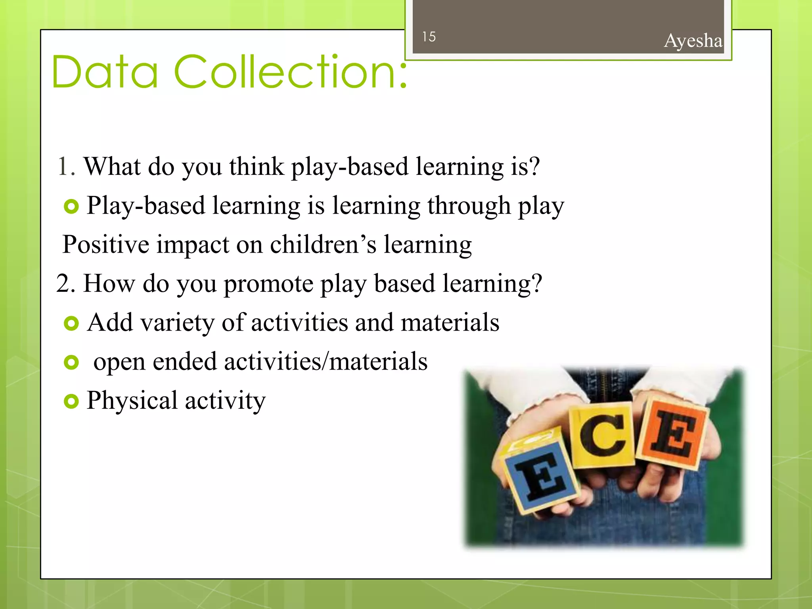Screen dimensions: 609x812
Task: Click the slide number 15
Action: pyautogui.click(x=429, y=37)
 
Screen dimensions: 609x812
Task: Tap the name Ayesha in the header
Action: pyautogui.click(x=693, y=41)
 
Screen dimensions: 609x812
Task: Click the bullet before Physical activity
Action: pyautogui.click(x=71, y=401)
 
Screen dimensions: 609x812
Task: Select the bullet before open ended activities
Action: pyautogui.click(x=71, y=362)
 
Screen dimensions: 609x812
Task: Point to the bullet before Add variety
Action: pyautogui.click(x=71, y=324)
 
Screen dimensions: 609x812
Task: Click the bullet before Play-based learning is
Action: pyautogui.click(x=71, y=207)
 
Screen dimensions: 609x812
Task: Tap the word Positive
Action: pyautogui.click(x=106, y=244)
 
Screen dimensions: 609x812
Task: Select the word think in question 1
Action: pyautogui.click(x=257, y=167)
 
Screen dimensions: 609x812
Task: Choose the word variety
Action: pyautogui.click(x=177, y=323)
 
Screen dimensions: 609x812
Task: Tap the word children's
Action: pyautogui.click(x=323, y=244)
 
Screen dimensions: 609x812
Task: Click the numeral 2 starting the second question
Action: pyautogui.click(x=63, y=283)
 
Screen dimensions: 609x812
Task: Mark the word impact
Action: pyautogui.click(x=193, y=245)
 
